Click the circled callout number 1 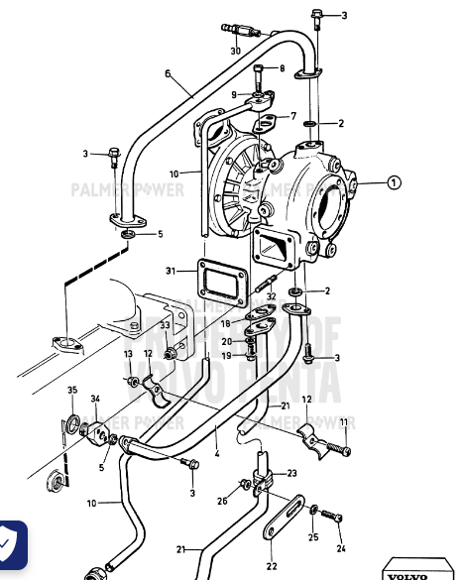pos(394,181)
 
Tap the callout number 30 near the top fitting pos(236,51)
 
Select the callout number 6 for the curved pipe pos(168,73)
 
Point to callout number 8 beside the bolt pos(282,68)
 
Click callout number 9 pos(234,94)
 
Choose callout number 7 pos(292,116)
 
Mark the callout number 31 pos(171,272)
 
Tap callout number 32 pos(271,295)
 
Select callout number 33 pos(166,324)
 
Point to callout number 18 pos(226,323)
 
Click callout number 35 pos(72,390)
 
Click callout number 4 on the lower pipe pos(216,456)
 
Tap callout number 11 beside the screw pos(344,422)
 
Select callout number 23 pos(291,474)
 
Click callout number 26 pos(223,501)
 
